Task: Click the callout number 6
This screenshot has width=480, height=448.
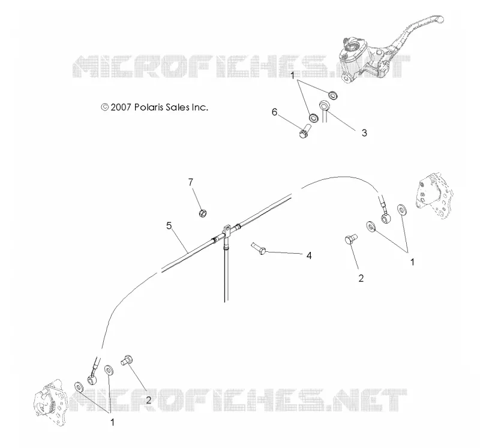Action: [x=274, y=112]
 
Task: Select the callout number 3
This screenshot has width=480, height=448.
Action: [x=364, y=133]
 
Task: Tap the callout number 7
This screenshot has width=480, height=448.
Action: [x=191, y=182]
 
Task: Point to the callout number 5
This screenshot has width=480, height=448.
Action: [x=169, y=226]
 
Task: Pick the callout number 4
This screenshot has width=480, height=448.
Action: [x=309, y=255]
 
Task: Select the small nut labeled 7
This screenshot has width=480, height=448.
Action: [x=203, y=213]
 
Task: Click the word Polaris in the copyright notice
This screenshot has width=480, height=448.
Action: [x=149, y=107]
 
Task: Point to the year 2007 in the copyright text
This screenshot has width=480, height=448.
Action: [x=121, y=107]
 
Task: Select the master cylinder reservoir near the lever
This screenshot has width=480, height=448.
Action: [x=351, y=50]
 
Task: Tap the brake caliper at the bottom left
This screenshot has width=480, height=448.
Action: [x=49, y=401]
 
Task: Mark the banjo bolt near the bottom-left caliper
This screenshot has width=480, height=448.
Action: [x=127, y=360]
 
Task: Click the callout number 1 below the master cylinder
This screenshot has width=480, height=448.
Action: [x=292, y=76]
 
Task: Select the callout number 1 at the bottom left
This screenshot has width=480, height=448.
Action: [x=112, y=422]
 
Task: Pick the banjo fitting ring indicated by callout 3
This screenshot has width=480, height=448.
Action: [x=323, y=107]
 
